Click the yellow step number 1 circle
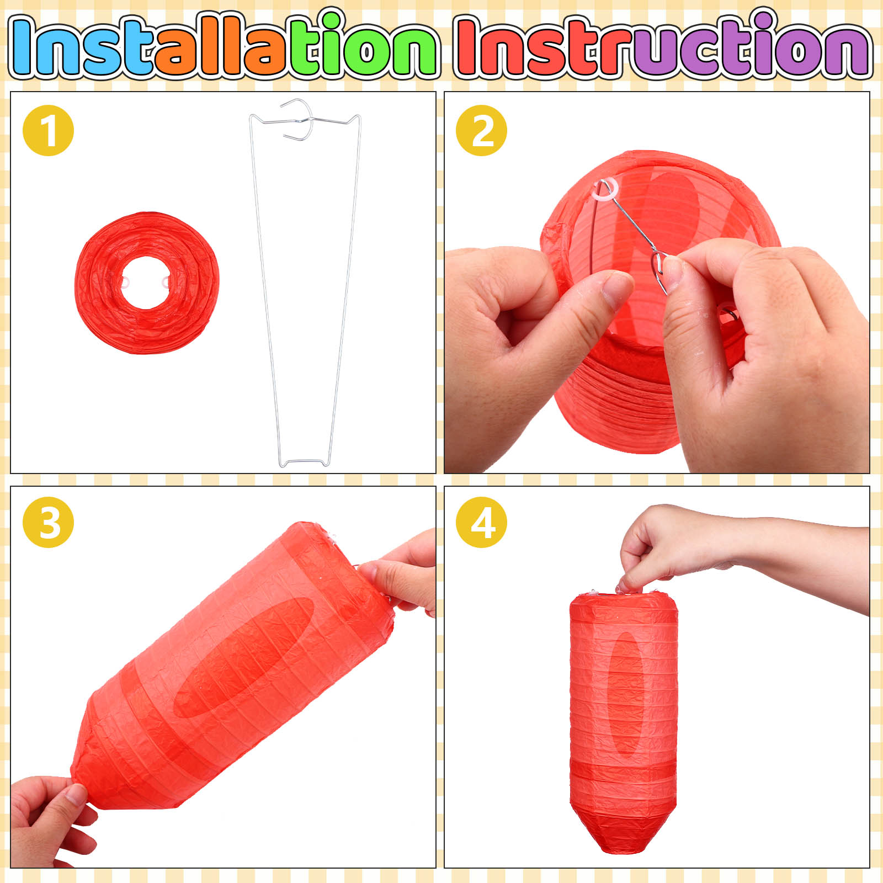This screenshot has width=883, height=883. tap(48, 130)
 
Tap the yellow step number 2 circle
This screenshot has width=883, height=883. tap(481, 130)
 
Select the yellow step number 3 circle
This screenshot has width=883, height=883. tap(48, 522)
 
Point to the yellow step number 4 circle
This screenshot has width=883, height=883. tap(481, 522)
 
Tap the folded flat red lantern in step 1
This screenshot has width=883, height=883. tap(147, 283)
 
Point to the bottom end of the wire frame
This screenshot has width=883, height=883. tap(304, 462)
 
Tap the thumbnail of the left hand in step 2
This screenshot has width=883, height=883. tap(618, 290)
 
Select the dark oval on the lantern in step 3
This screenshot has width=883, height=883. tap(244, 657)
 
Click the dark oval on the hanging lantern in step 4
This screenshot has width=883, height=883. tap(626, 693)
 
